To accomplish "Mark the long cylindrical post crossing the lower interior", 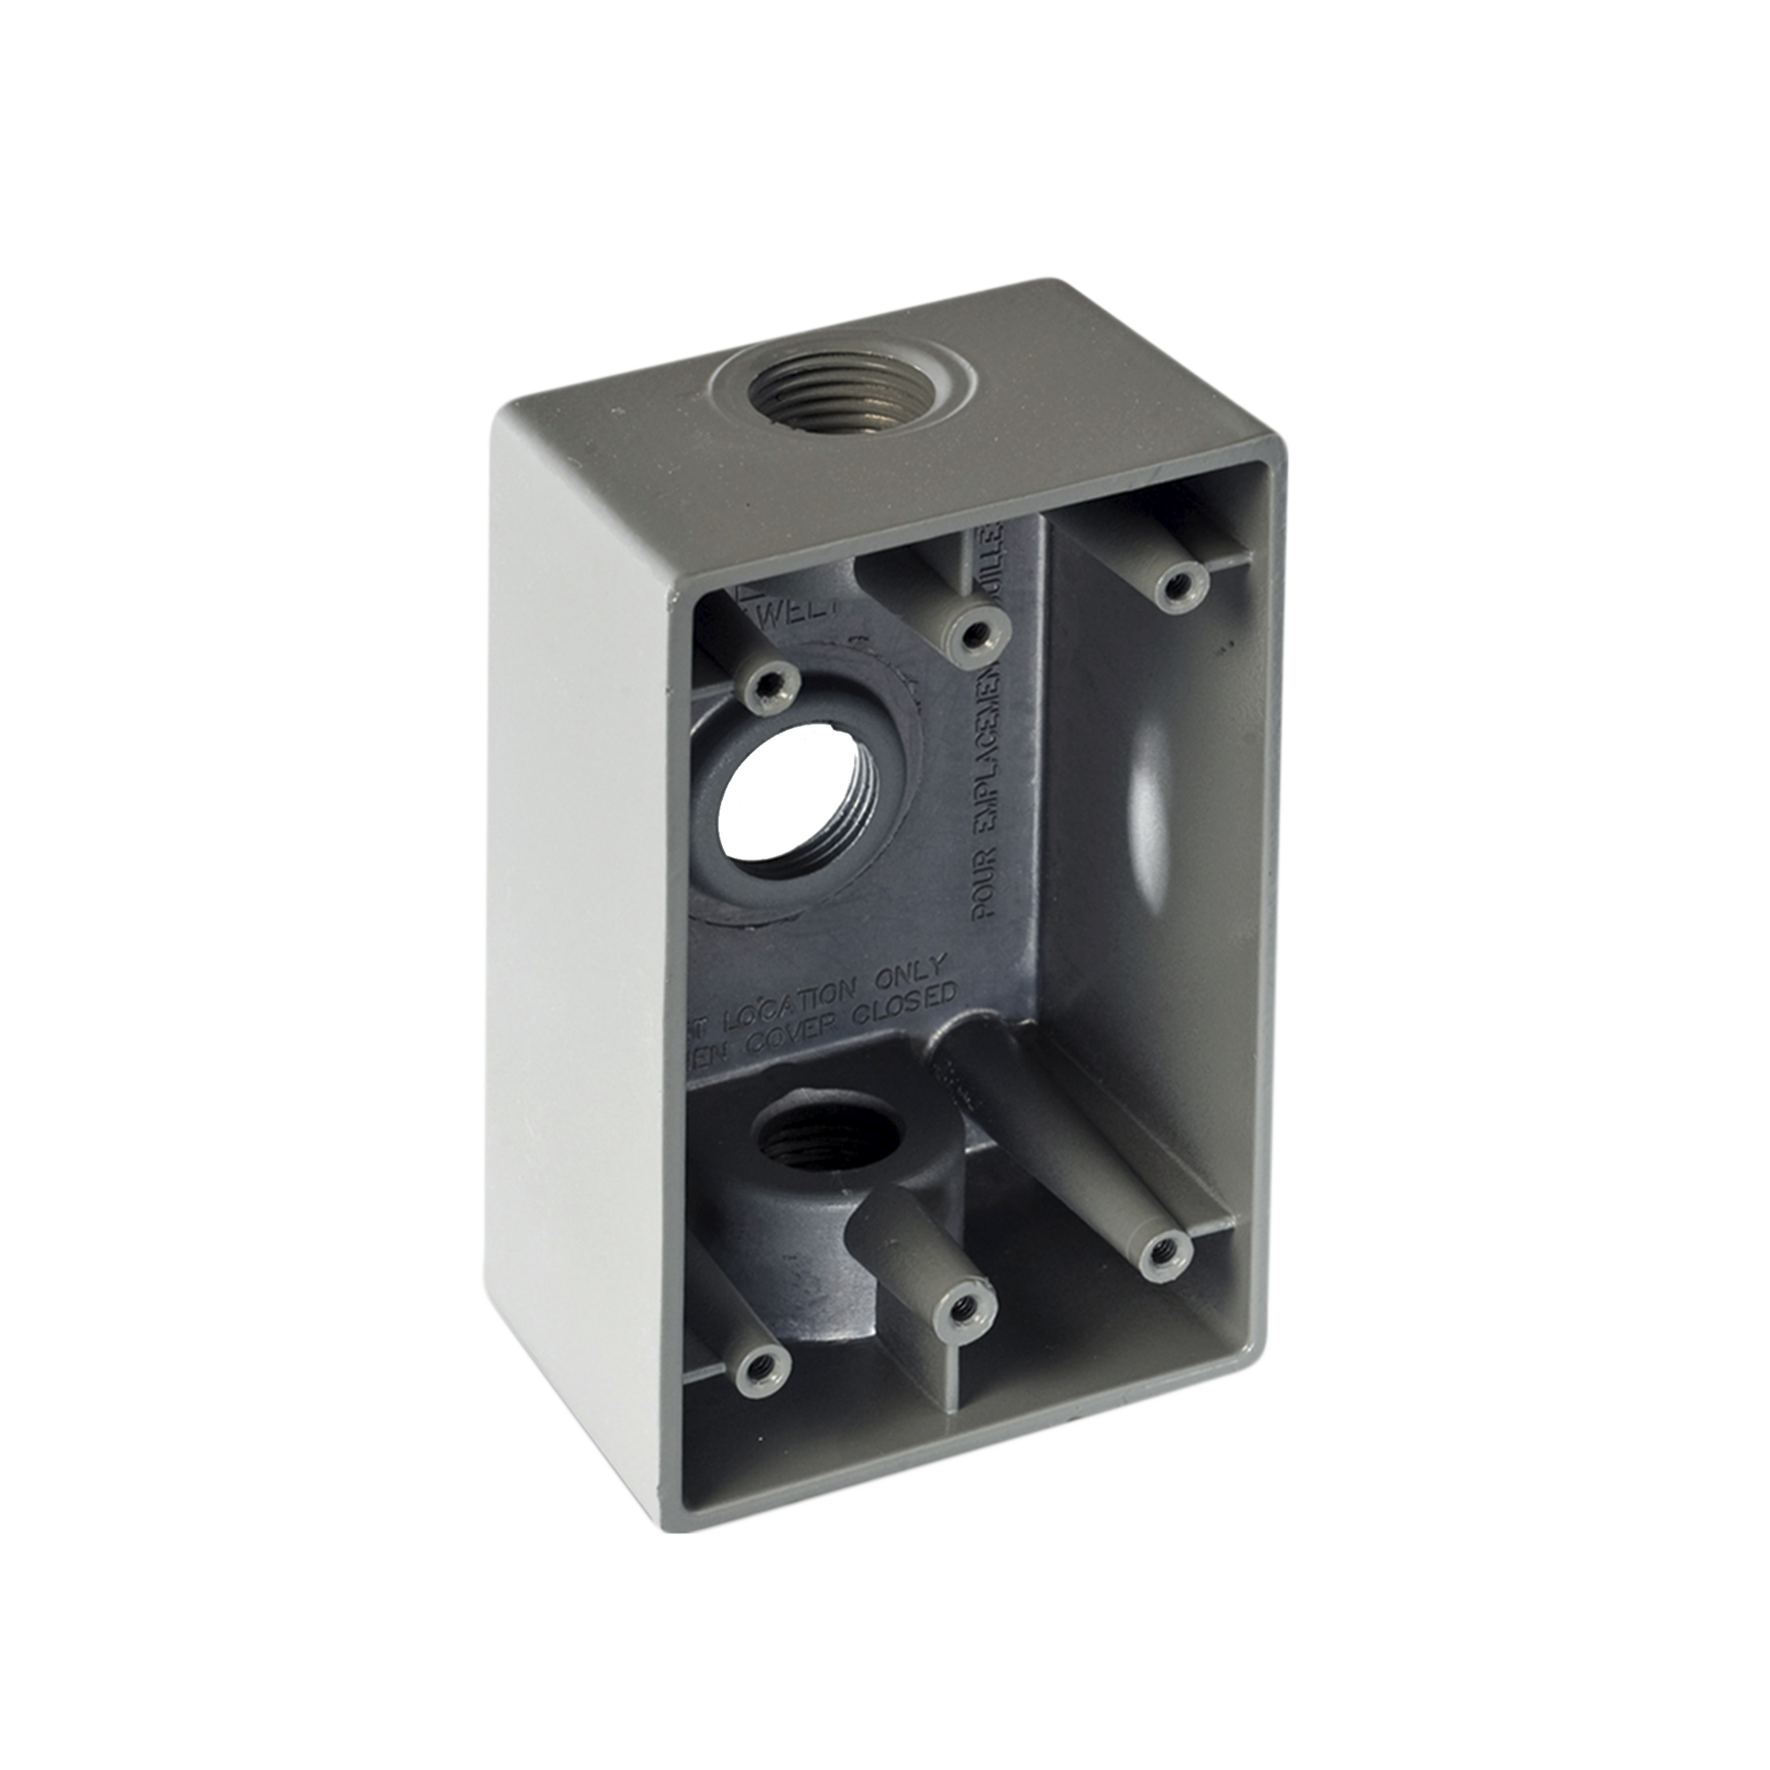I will pyautogui.click(x=1053, y=1145).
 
